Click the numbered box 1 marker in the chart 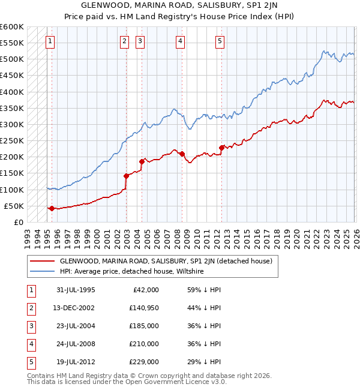coord(49,41)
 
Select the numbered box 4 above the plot coord(180,41)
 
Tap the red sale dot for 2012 coord(221,147)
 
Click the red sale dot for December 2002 coord(127,176)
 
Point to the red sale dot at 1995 coord(52,208)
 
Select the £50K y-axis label coord(14,206)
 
